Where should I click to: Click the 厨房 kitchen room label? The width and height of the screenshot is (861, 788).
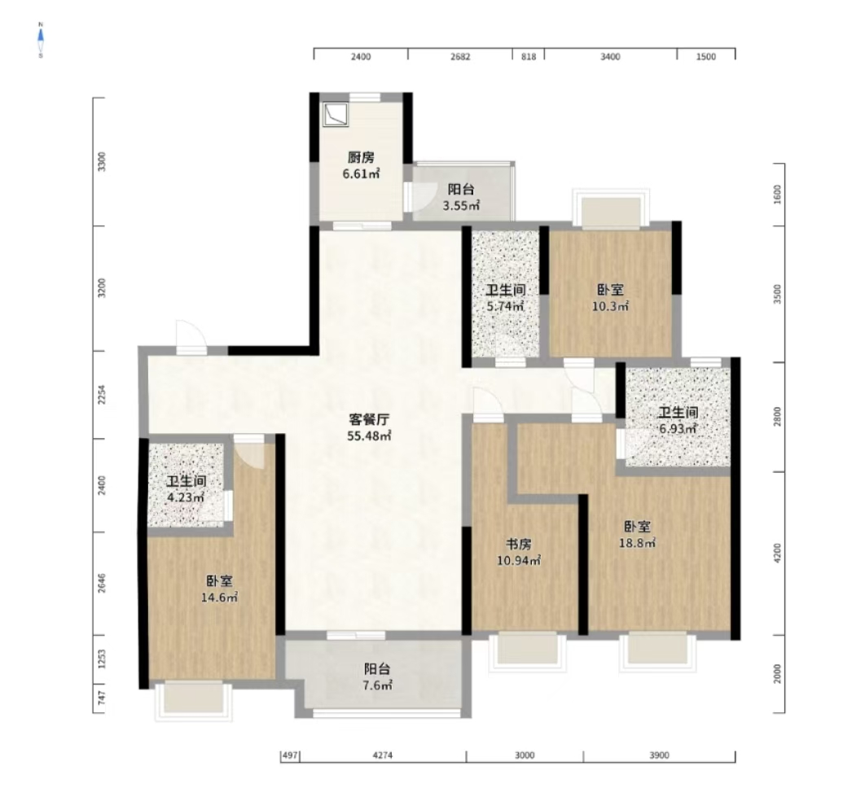[361, 157]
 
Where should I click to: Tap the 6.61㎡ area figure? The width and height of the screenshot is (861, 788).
[362, 174]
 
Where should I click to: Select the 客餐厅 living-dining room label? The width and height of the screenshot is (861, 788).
[369, 420]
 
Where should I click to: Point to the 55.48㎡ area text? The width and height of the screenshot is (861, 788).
[369, 436]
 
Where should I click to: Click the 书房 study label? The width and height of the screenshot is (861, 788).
[519, 545]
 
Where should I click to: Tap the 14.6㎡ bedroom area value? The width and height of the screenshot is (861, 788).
[219, 598]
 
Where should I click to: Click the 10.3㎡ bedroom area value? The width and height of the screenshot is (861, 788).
[610, 306]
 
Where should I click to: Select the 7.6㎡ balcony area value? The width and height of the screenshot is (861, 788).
[378, 685]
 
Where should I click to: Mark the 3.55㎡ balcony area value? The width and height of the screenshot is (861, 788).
[461, 206]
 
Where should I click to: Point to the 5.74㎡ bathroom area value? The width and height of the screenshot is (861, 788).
[505, 306]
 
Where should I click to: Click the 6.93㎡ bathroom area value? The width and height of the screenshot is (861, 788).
[679, 428]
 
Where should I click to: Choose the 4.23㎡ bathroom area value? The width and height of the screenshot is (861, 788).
[186, 497]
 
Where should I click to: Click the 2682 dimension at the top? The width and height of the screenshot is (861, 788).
[460, 56]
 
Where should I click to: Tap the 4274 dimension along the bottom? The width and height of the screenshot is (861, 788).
[383, 755]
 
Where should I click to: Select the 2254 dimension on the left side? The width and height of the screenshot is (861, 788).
[101, 395]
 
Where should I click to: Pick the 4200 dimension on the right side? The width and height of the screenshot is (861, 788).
[777, 553]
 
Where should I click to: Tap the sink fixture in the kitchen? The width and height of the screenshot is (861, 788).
[336, 115]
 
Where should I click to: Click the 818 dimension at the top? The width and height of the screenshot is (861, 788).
[528, 56]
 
